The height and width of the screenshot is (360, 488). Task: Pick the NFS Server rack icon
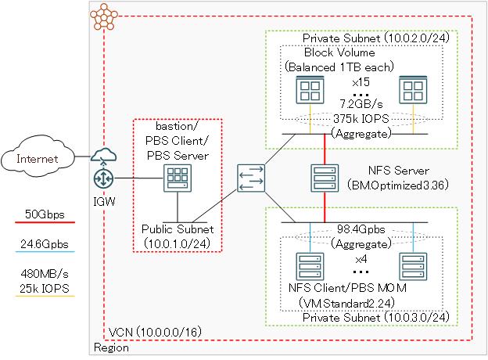(x=323, y=177)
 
